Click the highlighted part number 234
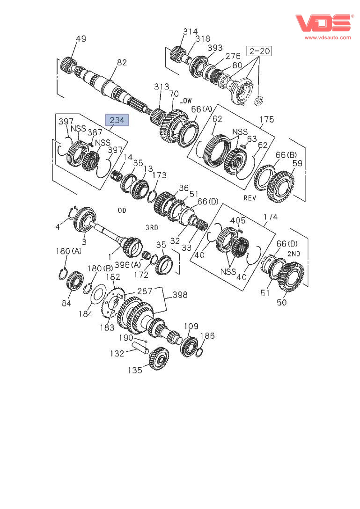click(117, 120)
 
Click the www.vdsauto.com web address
click(328, 37)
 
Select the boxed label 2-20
click(259, 51)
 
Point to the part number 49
click(81, 39)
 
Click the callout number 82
click(122, 62)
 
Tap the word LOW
click(185, 101)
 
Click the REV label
click(250, 198)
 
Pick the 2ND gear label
click(294, 254)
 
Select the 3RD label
click(152, 227)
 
